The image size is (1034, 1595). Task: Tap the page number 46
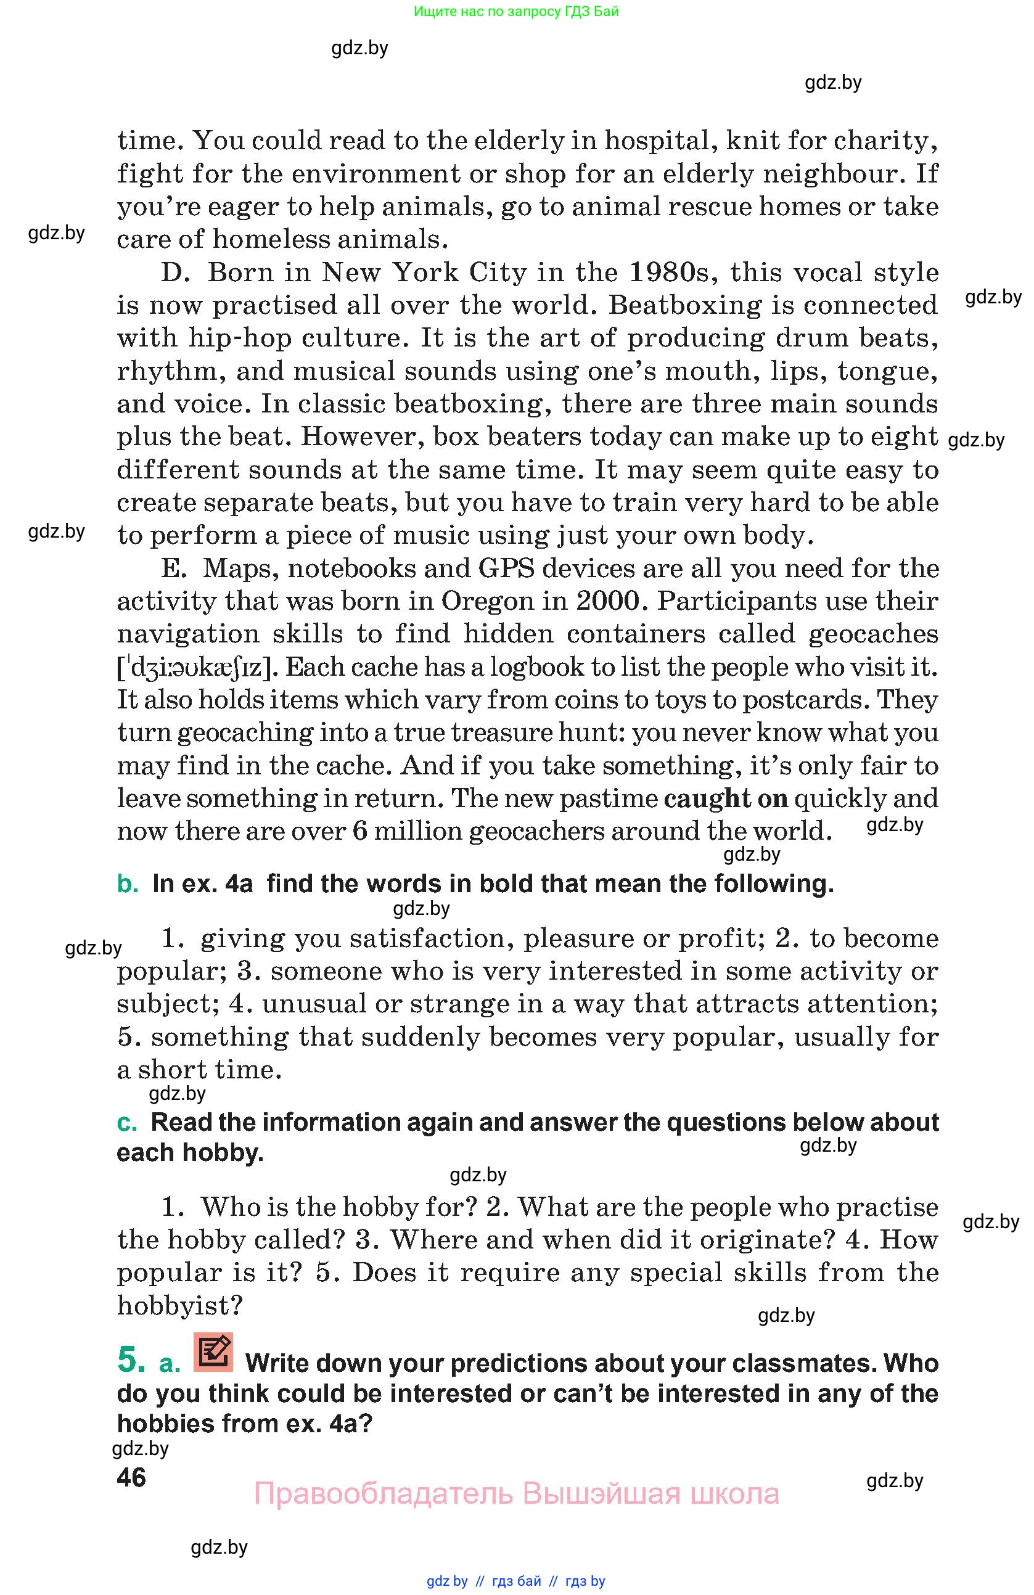click(131, 1477)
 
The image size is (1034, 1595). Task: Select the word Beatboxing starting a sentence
click(684, 305)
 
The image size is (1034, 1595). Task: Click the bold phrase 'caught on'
click(726, 798)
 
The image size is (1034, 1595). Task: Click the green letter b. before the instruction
click(128, 884)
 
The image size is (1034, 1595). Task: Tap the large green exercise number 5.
click(131, 1359)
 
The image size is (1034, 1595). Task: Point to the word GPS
click(506, 568)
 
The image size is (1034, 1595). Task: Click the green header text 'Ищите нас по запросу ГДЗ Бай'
click(516, 11)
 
